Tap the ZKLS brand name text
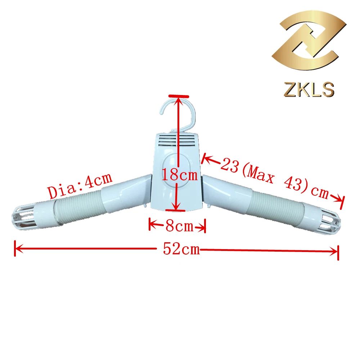pyautogui.click(x=309, y=89)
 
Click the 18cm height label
pyautogui.click(x=180, y=175)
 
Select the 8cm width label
pyautogui.click(x=180, y=226)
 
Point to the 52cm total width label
pyautogui.click(x=181, y=249)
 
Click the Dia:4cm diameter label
pyautogui.click(x=80, y=185)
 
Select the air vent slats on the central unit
pyautogui.click(x=177, y=140)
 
